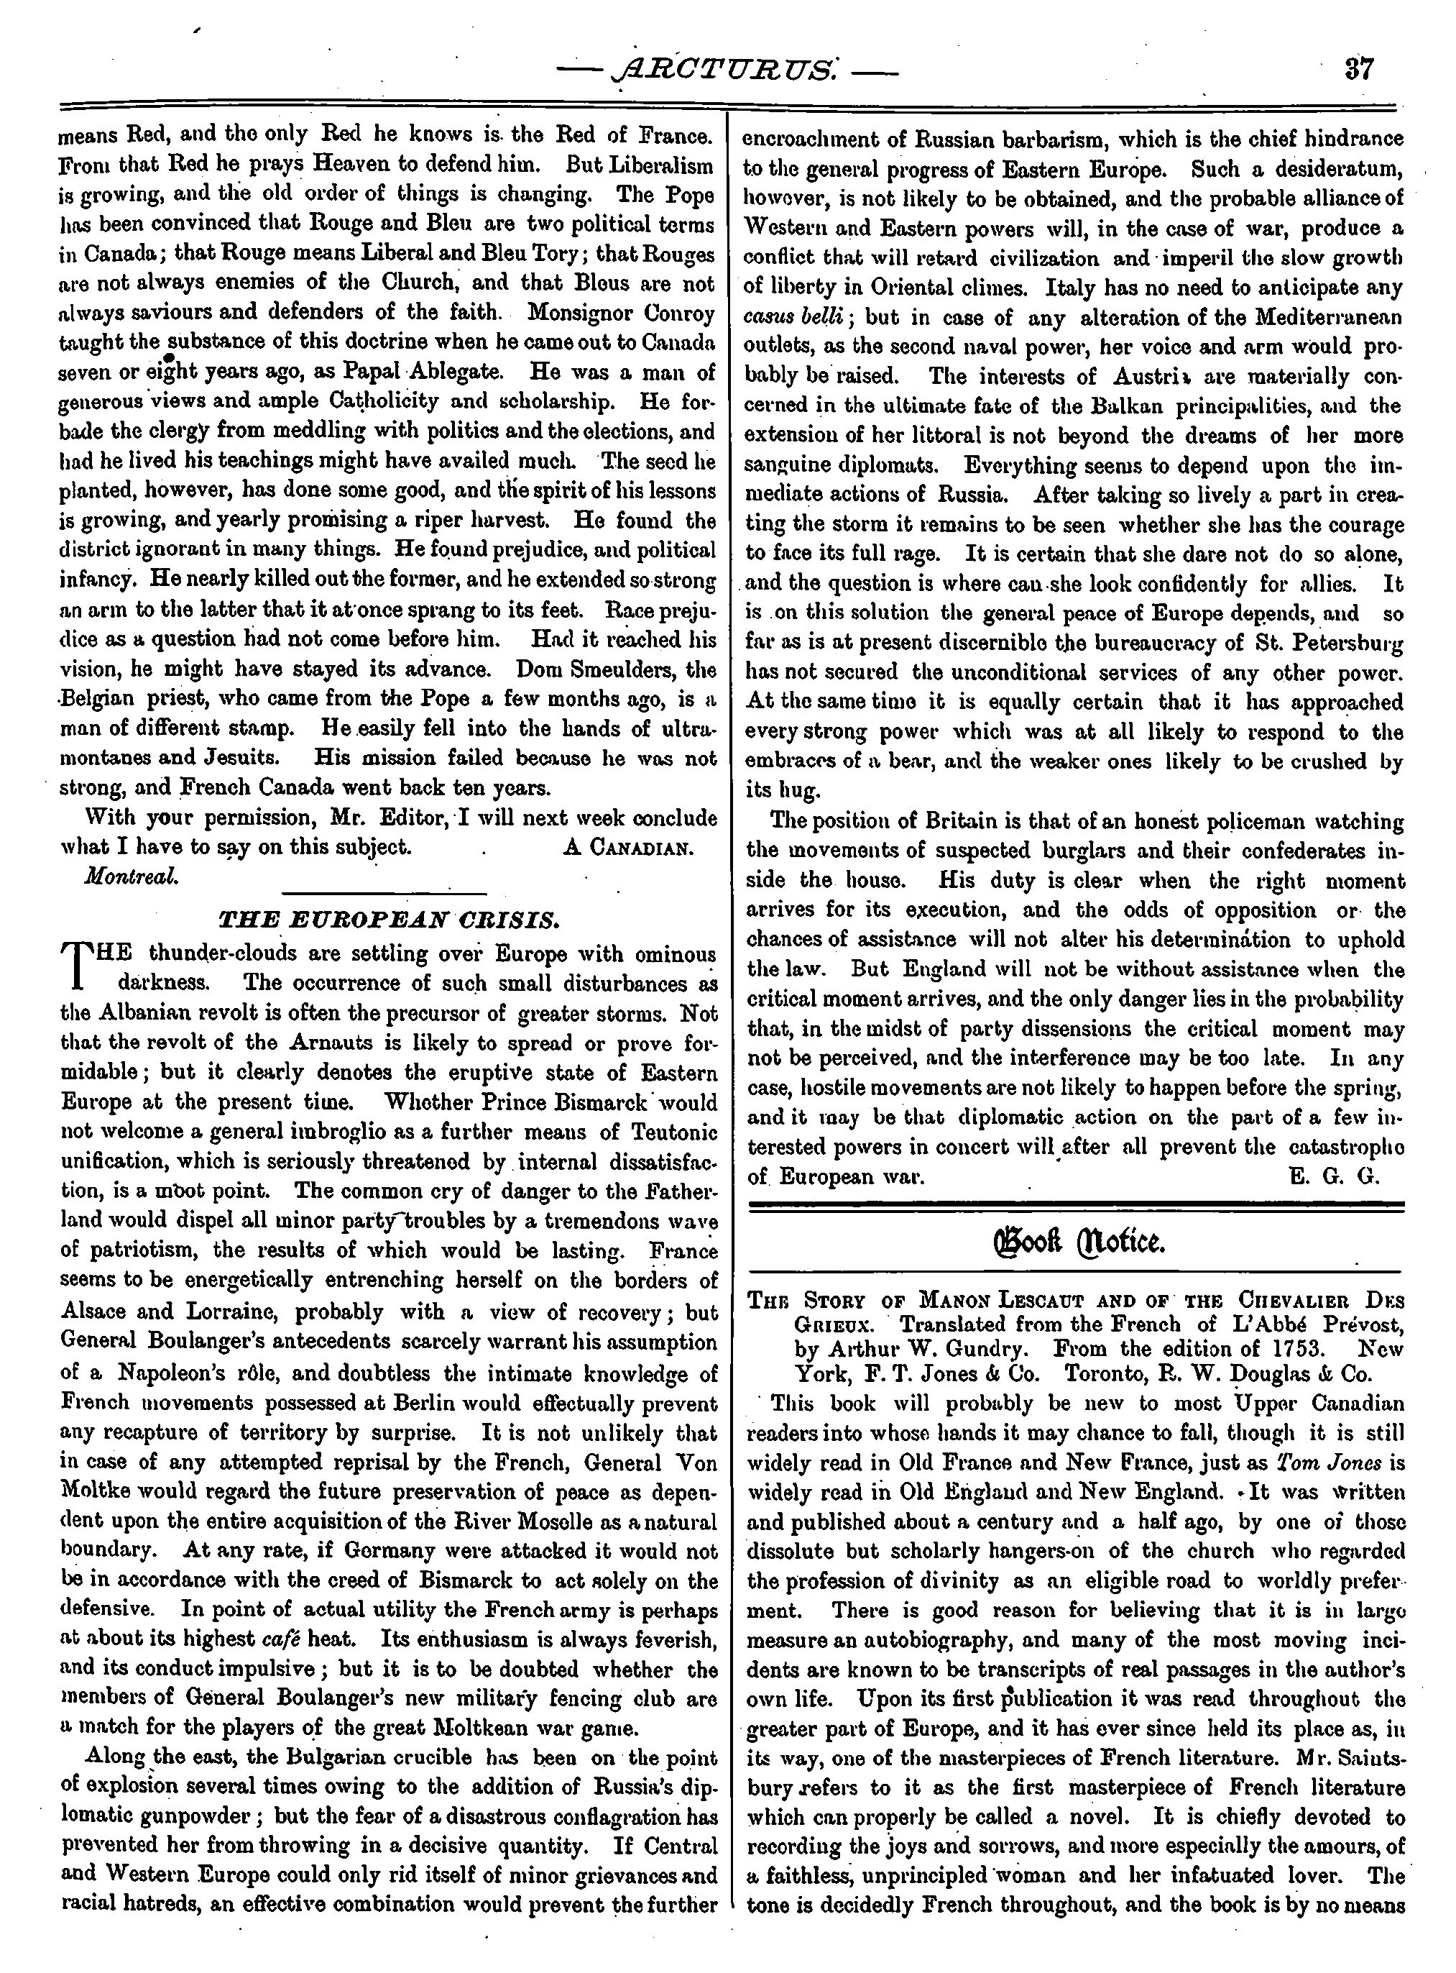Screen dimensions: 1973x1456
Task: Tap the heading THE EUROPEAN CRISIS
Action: point(389,921)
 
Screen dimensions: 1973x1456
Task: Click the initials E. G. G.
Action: point(1334,1177)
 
